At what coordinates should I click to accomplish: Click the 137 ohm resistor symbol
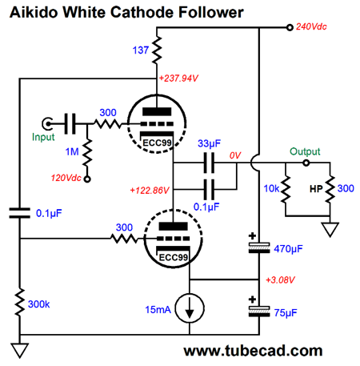tap(157, 50)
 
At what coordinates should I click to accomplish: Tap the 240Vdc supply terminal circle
tap(290, 27)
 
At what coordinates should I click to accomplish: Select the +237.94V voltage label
tap(178, 78)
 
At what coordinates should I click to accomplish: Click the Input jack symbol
tap(47, 123)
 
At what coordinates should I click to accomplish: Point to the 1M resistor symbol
tap(87, 151)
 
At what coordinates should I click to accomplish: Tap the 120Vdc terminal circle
tap(87, 179)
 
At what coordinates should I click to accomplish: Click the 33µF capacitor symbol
tap(209, 163)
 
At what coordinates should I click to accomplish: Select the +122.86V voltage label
tap(150, 191)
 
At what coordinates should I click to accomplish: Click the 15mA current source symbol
tap(190, 308)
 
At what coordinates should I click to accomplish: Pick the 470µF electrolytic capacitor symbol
tap(259, 247)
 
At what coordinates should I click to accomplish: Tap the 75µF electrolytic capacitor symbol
tap(259, 312)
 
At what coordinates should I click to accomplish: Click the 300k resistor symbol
tap(20, 303)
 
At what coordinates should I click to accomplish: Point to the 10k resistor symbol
tap(286, 189)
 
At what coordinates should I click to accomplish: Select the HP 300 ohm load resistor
tap(330, 189)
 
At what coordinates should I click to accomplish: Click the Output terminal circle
tap(306, 163)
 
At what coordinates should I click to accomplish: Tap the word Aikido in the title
tap(34, 12)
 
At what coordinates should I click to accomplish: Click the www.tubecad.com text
tap(253, 351)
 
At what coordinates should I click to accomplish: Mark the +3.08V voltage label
tap(280, 280)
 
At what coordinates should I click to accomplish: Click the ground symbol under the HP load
tap(330, 229)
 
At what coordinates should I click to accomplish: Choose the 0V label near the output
tap(235, 155)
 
